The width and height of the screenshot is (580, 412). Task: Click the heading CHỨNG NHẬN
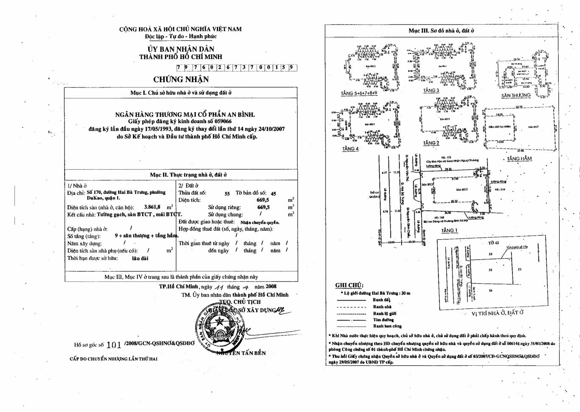click(x=181, y=80)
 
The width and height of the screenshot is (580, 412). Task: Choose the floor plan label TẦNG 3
click(x=431, y=91)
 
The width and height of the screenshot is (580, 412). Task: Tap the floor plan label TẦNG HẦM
click(x=519, y=159)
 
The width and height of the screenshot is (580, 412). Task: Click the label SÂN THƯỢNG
click(x=515, y=96)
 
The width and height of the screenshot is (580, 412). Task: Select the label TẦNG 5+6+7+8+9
click(x=359, y=93)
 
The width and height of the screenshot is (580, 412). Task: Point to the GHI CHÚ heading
click(x=349, y=285)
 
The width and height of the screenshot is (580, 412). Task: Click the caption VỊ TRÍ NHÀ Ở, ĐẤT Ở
click(x=497, y=313)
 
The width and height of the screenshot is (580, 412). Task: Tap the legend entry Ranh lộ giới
click(x=384, y=313)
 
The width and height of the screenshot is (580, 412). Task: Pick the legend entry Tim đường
click(x=383, y=320)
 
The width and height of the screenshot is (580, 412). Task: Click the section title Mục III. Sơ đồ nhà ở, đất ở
click(x=441, y=31)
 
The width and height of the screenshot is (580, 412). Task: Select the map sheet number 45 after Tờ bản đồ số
click(x=273, y=193)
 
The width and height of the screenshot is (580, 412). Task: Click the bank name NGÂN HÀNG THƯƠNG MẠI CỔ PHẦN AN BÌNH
click(x=185, y=114)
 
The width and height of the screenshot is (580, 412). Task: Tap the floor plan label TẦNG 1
click(x=449, y=230)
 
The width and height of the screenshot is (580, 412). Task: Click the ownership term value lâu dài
click(x=140, y=258)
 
